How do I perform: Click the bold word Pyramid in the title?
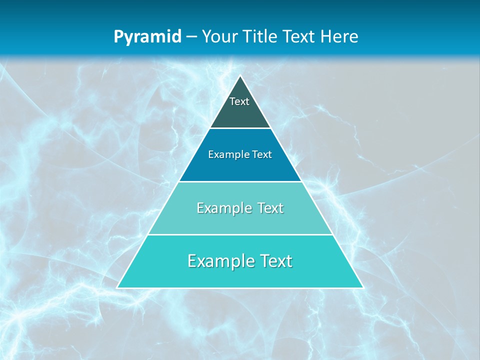point(147,36)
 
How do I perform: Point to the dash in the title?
point(191,37)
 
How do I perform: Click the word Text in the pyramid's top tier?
point(239,101)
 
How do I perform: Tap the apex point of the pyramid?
point(240,76)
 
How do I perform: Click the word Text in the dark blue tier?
point(261,154)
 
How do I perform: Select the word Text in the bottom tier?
point(276,261)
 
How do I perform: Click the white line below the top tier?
point(240,128)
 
